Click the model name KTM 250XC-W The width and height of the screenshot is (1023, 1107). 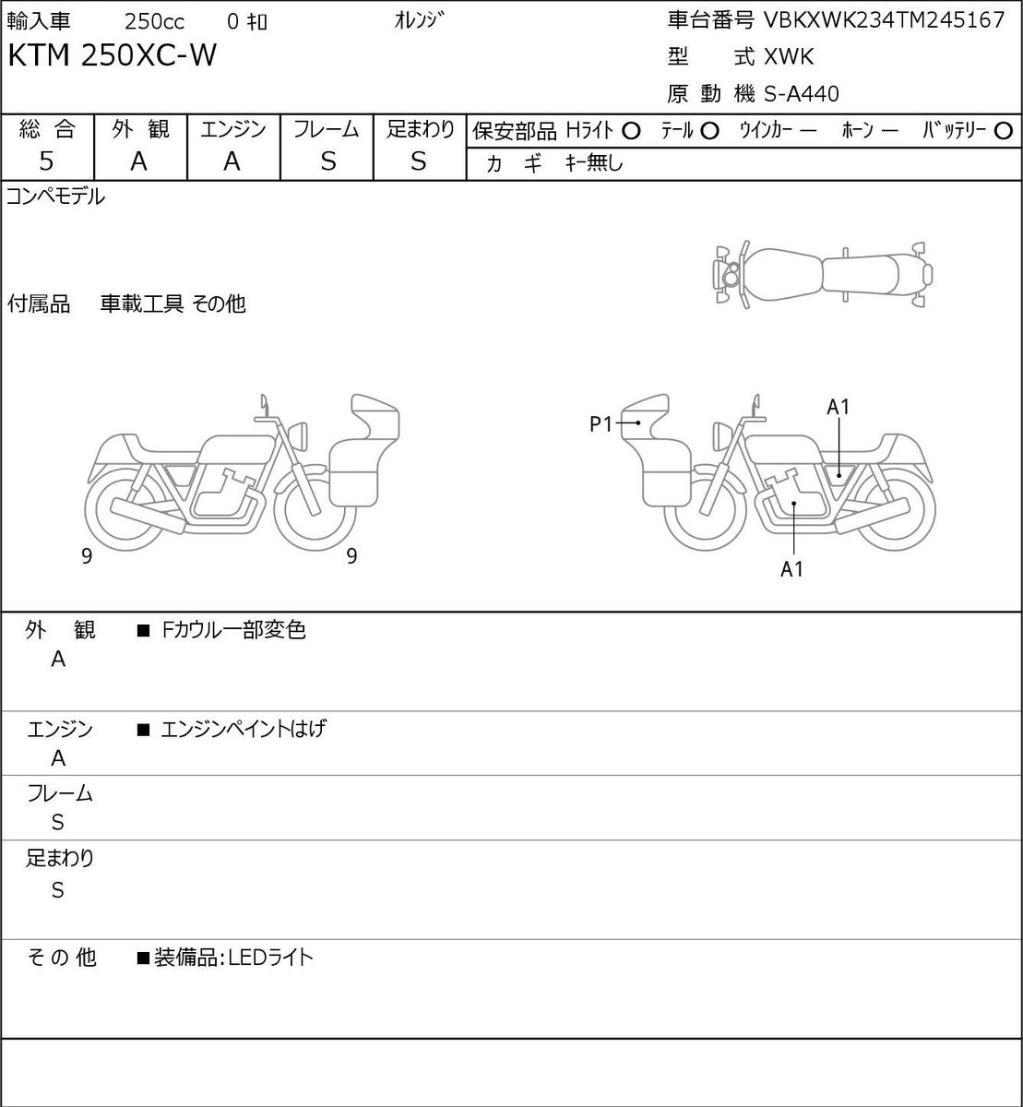(x=112, y=55)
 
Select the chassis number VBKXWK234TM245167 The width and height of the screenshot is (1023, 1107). (x=884, y=20)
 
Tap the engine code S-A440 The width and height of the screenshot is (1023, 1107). (x=801, y=94)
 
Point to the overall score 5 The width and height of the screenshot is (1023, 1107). (x=46, y=161)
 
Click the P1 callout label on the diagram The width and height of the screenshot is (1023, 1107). (x=601, y=424)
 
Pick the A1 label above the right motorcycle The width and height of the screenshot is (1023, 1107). (x=838, y=407)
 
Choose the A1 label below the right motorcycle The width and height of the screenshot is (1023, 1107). (x=791, y=569)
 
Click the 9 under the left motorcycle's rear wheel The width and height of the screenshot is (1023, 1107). (x=87, y=555)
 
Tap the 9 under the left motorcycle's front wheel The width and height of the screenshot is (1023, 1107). (x=351, y=555)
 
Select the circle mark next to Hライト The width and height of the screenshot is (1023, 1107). (x=631, y=131)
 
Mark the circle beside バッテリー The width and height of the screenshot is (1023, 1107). (x=1003, y=131)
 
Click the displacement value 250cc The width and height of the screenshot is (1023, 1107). (x=154, y=22)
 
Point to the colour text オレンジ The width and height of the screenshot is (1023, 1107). (x=419, y=20)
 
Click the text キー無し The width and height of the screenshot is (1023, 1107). (x=594, y=162)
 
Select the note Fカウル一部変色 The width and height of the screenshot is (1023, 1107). (x=233, y=630)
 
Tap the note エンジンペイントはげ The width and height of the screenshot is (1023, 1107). (x=244, y=729)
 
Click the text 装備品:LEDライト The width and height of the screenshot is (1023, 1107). (x=233, y=958)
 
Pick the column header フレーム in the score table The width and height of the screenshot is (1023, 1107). (x=327, y=130)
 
